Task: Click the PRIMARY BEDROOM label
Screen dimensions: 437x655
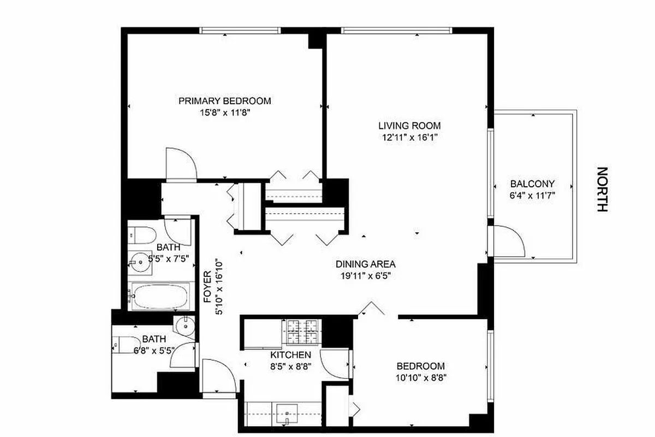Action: tap(225, 101)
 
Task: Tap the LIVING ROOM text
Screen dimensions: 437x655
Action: tap(409, 126)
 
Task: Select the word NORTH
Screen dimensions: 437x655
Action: tap(602, 190)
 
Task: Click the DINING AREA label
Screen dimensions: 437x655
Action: tap(365, 263)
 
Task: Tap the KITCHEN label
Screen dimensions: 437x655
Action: tap(290, 355)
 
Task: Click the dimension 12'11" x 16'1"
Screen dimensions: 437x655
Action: tap(409, 138)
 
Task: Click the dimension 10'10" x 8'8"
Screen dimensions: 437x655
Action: tap(420, 377)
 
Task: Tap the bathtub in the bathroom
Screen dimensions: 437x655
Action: tap(160, 297)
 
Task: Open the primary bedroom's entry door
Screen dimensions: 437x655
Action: tap(181, 164)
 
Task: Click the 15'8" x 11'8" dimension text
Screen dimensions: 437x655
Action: tap(225, 113)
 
